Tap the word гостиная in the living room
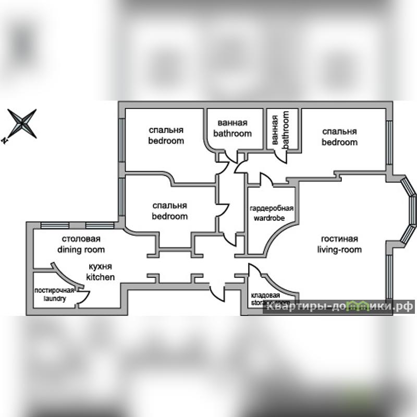click(x=339, y=239)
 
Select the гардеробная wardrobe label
click(x=271, y=213)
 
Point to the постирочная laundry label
click(x=54, y=295)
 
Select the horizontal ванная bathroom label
click(x=232, y=128)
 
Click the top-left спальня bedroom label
click(x=166, y=135)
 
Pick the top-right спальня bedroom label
click(x=339, y=137)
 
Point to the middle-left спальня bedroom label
click(x=169, y=211)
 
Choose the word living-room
click(x=339, y=250)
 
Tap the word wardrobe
click(x=269, y=218)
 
